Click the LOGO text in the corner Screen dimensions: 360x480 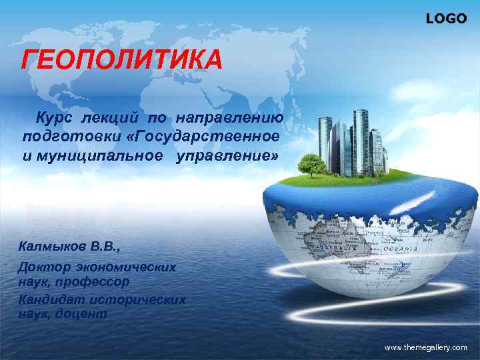[x=446, y=19]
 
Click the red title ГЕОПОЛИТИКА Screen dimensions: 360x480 [x=122, y=62]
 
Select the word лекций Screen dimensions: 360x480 [x=111, y=118]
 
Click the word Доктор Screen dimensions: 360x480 [x=43, y=267]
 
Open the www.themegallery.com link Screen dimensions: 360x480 [x=426, y=348]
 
